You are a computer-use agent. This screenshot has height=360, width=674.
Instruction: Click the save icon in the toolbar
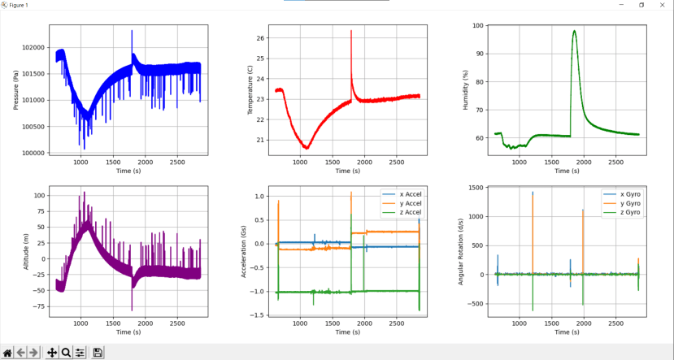98,353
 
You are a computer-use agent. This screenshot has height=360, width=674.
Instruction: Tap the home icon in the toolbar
8,353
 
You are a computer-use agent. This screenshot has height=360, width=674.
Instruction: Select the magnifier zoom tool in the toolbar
66,353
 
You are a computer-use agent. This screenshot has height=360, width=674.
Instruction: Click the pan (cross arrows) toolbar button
52,353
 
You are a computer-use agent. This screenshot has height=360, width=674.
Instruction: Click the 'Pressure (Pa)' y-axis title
16,89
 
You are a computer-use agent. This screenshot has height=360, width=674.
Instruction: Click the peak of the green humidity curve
574,31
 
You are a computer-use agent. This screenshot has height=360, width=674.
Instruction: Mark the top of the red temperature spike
351,31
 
